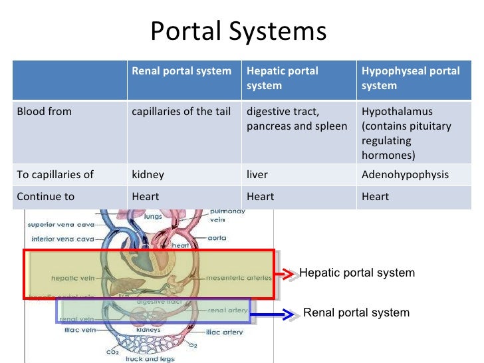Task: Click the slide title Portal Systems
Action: [x=238, y=31]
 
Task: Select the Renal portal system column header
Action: [x=181, y=71]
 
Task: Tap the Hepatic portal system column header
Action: [x=283, y=78]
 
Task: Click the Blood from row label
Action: [x=44, y=112]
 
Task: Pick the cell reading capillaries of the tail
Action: [x=181, y=112]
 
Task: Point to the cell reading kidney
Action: [x=148, y=175]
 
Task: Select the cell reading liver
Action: [x=256, y=175]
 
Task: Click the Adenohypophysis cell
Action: [x=405, y=175]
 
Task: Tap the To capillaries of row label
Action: [x=55, y=175]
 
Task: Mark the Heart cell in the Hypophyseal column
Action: [x=374, y=197]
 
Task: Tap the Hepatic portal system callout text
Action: [x=357, y=273]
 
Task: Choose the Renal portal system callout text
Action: [x=356, y=312]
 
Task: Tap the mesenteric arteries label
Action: [x=234, y=277]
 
